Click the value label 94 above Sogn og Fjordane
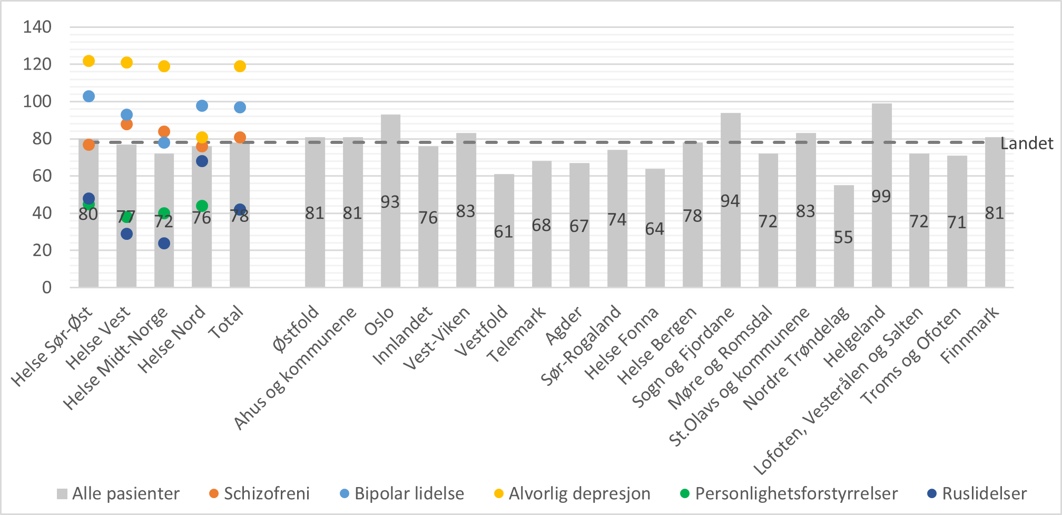tap(730, 201)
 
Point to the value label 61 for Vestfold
tap(504, 232)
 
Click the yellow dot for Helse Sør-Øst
tap(88, 61)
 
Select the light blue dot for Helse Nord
tap(202, 106)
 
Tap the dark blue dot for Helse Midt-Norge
tap(164, 244)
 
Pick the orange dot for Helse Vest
tap(126, 124)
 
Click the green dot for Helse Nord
tap(202, 206)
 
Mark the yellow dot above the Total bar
tap(240, 66)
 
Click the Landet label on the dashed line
tap(1026, 143)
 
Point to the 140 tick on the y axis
tap(37, 27)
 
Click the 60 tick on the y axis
tap(42, 176)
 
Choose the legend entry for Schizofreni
tap(266, 494)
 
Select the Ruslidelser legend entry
tap(984, 494)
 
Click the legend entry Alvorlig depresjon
tap(579, 494)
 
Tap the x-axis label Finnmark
tap(970, 334)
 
